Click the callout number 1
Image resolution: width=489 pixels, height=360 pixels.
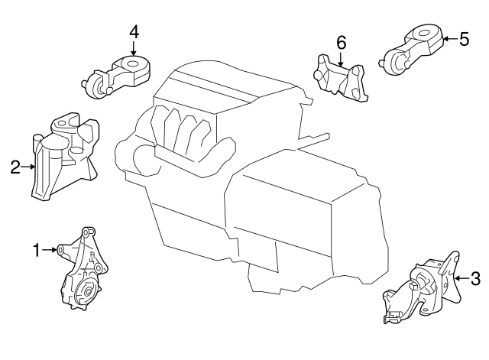[36, 249]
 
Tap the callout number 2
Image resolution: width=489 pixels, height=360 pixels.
[15, 166]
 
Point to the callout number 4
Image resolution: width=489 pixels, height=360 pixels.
[134, 32]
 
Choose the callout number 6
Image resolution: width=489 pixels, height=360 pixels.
[341, 41]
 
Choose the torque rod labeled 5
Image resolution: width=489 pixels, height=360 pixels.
[413, 48]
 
